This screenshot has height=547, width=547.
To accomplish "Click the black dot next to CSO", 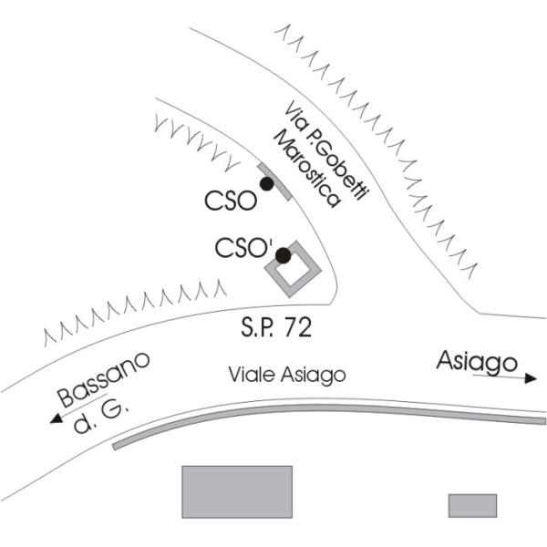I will (x=266, y=183).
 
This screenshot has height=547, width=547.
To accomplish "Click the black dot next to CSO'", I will (x=284, y=255).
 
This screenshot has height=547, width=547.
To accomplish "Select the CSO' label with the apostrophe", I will (x=243, y=248).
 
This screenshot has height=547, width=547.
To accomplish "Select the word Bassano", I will (x=102, y=381).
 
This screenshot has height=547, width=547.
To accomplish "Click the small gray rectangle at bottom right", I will (x=472, y=505).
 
